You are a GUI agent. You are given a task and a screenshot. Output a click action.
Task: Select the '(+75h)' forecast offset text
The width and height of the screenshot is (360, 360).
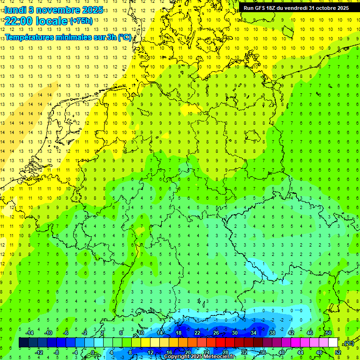coord(81,21)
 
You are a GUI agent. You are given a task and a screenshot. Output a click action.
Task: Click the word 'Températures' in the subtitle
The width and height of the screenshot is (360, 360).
coord(29,37)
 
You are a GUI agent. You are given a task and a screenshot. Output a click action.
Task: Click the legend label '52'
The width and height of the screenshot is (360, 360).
coord(337,352)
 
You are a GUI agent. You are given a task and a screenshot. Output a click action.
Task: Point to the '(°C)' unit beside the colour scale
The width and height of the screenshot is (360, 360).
coord(348,343)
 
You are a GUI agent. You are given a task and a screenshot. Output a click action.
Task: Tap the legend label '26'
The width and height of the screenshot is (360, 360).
coord(216,333)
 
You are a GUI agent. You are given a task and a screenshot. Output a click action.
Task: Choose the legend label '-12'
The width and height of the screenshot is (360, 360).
coord(39,352)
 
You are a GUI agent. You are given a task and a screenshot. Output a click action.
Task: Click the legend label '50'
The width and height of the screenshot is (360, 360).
coord(329,333)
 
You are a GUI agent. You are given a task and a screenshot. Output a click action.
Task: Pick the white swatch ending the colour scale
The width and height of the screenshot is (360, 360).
coord(333,343)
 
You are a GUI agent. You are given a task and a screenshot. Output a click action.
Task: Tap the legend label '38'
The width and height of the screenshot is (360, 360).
coord(272,333)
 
